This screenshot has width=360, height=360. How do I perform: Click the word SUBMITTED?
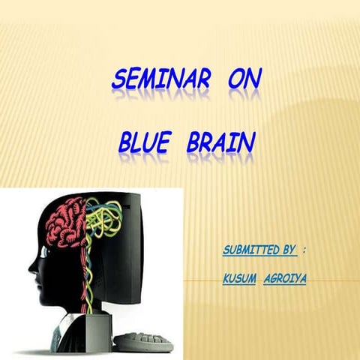point(247,249)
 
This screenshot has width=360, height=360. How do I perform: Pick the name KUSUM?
point(239,278)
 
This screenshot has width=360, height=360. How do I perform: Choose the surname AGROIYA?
point(286,278)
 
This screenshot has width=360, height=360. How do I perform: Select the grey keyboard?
point(142,341)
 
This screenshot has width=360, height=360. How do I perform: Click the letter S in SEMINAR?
point(118,78)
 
